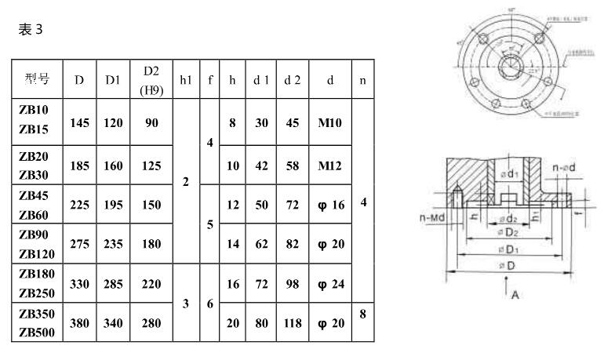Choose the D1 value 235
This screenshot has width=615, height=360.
point(113,244)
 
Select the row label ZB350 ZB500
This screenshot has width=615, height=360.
point(36,322)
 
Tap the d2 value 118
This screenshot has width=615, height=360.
point(292,322)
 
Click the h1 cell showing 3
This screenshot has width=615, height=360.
point(186,303)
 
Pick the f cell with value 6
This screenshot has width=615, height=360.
point(209,303)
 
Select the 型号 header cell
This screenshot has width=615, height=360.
point(37,79)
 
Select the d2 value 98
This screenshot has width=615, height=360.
point(292,283)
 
